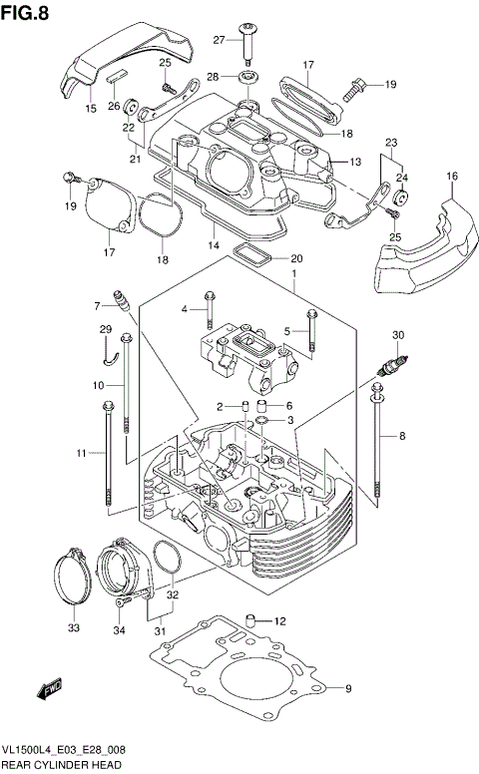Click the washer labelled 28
[x=244, y=77]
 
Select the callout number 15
[x=91, y=109]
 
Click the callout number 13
[x=353, y=162]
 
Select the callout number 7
[x=99, y=305]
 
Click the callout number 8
[x=402, y=436]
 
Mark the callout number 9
[x=348, y=689]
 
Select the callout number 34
[x=119, y=629]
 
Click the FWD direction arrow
[x=49, y=689]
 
